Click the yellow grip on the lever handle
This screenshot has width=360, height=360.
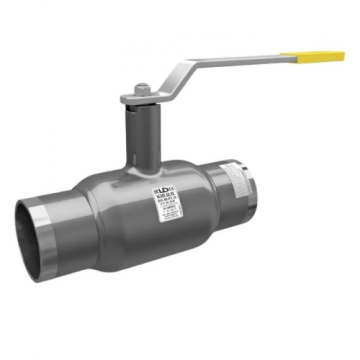click(x=326, y=55)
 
